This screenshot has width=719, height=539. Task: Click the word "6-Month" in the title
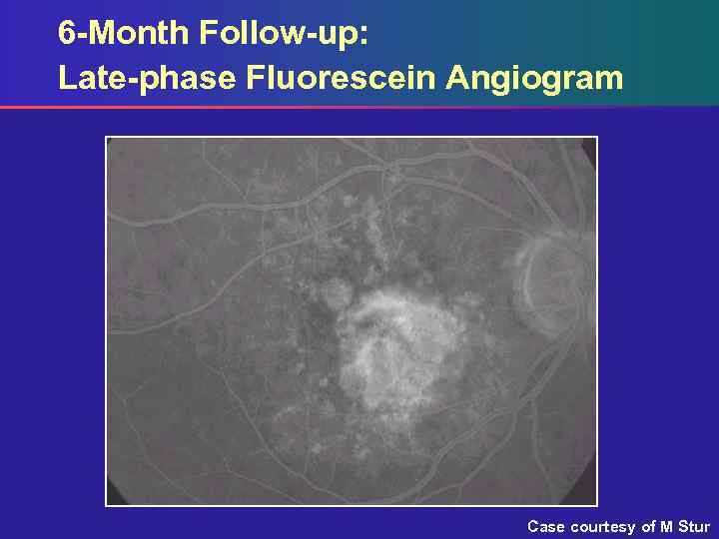click(124, 33)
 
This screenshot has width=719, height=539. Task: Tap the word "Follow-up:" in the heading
click(284, 33)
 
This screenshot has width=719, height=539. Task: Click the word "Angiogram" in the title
click(535, 78)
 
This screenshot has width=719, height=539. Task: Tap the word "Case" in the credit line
click(546, 526)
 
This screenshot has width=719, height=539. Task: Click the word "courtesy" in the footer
click(602, 526)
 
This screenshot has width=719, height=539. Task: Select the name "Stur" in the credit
click(693, 526)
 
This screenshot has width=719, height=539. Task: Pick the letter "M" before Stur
click(666, 526)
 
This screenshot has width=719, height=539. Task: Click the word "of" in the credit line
click(648, 526)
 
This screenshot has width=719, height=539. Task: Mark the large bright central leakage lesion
click(399, 344)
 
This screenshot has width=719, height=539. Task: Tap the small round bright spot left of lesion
click(334, 293)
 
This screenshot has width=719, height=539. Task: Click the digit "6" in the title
click(66, 33)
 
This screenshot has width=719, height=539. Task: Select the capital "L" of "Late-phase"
click(66, 78)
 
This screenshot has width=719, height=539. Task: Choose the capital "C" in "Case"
click(532, 526)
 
